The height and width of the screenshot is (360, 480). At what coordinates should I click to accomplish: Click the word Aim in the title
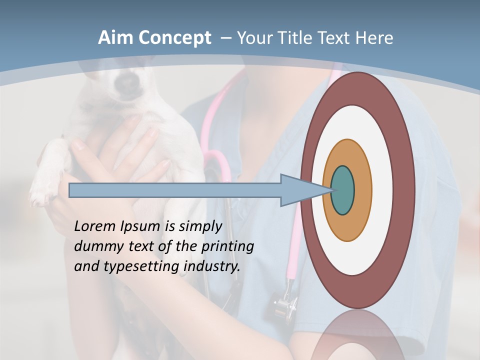(115, 38)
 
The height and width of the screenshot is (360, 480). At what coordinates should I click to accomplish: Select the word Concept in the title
(173, 38)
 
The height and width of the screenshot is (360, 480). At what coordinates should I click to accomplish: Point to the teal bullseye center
(342, 190)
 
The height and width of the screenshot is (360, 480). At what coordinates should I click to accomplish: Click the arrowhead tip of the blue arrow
(332, 190)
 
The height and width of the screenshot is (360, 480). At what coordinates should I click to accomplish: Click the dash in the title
(225, 38)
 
